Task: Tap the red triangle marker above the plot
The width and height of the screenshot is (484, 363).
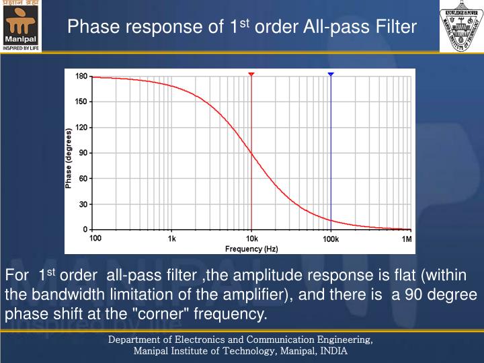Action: [x=251, y=74]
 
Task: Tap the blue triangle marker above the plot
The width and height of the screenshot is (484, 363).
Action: [x=331, y=74]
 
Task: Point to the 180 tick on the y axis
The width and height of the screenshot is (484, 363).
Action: [x=81, y=77]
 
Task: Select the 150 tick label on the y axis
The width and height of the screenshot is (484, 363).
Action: [x=81, y=102]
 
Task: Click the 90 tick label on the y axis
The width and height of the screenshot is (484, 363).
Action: [x=83, y=153]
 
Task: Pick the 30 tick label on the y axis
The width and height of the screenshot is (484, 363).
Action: [x=83, y=204]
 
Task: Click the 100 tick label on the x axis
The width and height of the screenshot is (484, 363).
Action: [x=95, y=239]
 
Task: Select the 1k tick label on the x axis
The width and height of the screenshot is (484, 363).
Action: [x=172, y=239]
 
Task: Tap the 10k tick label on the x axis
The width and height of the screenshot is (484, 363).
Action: [x=251, y=239]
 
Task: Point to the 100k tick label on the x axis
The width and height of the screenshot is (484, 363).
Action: [x=330, y=239]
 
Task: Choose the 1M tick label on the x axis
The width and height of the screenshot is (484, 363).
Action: [x=407, y=239]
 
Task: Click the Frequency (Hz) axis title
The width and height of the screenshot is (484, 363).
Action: [x=251, y=249]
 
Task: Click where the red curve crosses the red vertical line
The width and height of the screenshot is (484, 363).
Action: [x=251, y=153]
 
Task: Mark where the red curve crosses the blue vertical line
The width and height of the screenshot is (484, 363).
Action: [x=331, y=220]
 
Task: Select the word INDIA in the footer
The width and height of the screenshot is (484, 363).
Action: [x=333, y=350]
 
